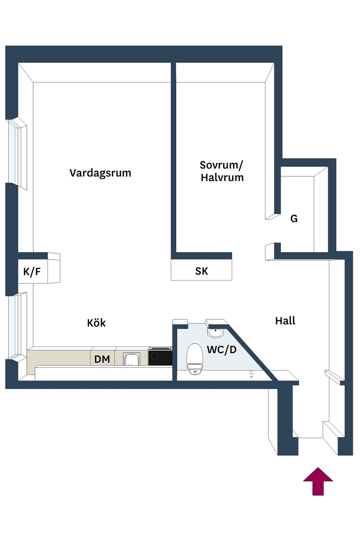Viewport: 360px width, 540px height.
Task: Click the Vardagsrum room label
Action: click(x=100, y=173)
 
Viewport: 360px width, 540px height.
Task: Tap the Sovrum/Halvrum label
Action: click(x=222, y=171)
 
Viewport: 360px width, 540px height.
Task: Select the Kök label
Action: click(x=96, y=323)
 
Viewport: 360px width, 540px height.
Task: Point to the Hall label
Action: click(x=285, y=321)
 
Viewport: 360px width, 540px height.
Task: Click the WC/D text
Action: click(x=222, y=349)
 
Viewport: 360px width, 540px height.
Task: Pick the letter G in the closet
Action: click(x=294, y=219)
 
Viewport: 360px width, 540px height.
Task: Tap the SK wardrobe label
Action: click(x=202, y=271)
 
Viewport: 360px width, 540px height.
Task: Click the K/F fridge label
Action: click(x=32, y=272)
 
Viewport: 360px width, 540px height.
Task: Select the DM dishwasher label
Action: click(x=102, y=359)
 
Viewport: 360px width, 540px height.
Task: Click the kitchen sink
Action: click(x=132, y=359)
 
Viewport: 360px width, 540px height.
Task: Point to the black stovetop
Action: click(x=160, y=356)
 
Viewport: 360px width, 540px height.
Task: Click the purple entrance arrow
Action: click(x=318, y=481)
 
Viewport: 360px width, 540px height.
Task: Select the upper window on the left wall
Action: click(x=17, y=153)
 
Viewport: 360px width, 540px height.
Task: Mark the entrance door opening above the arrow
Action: click(x=311, y=438)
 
